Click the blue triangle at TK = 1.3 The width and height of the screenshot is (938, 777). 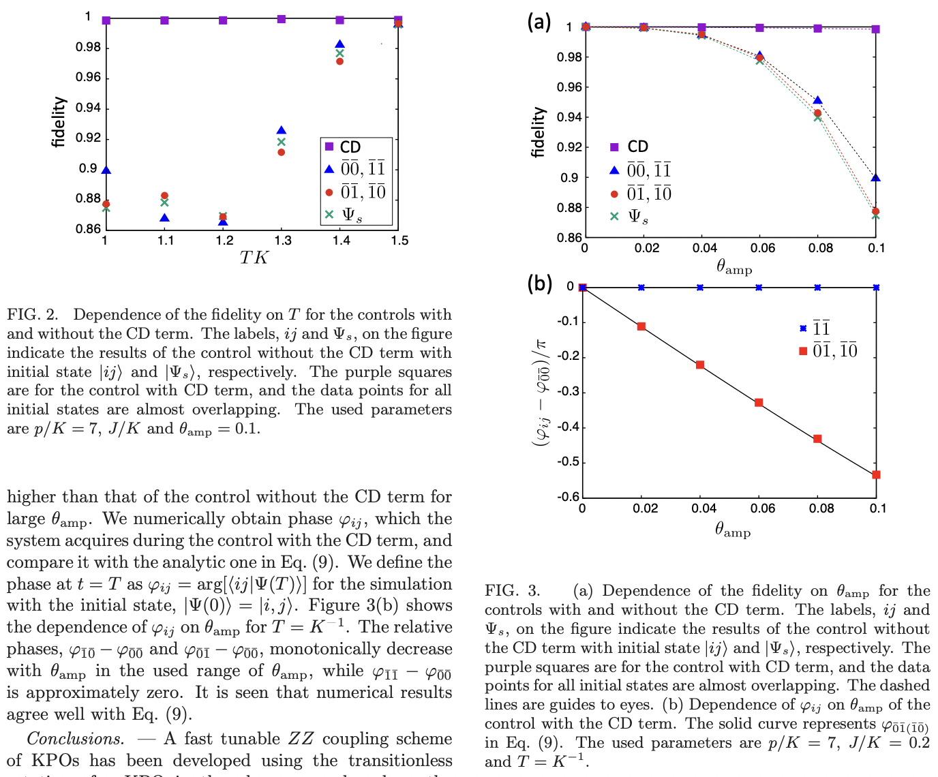(x=281, y=130)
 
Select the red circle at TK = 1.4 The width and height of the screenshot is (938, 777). (x=339, y=61)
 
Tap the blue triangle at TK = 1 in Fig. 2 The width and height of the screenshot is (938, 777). (x=106, y=170)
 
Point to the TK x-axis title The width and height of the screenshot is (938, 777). (x=254, y=258)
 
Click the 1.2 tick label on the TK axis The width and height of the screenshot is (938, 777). (x=224, y=241)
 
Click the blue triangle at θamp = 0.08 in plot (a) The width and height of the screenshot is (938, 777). (x=818, y=101)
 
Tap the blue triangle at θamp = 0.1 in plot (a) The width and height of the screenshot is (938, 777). (x=876, y=178)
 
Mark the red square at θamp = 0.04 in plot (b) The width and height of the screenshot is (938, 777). (x=700, y=365)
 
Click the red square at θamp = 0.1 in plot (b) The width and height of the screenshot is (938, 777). (x=877, y=474)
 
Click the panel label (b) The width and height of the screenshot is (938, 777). (x=539, y=283)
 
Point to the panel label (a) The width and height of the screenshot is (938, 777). (x=539, y=22)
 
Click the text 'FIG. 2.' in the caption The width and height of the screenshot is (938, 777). (x=33, y=315)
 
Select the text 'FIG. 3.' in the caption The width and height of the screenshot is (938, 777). (x=512, y=591)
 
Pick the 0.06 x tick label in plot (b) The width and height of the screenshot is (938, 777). (x=762, y=508)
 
